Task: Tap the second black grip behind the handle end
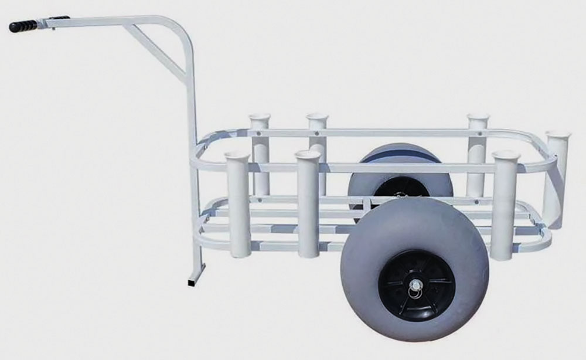point(59,18)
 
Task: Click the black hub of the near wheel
point(415,286)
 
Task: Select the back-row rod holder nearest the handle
point(260,152)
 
